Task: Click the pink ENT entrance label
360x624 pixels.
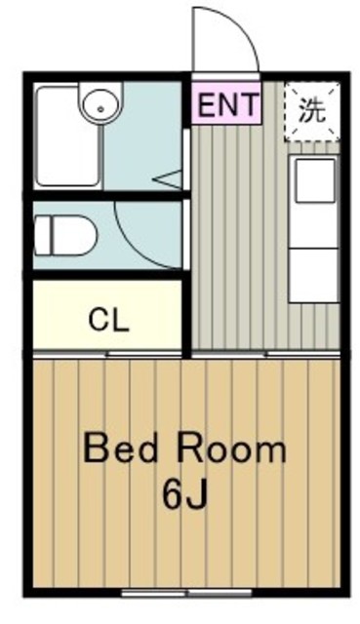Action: pyautogui.click(x=226, y=103)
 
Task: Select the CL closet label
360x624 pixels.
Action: pyautogui.click(x=108, y=320)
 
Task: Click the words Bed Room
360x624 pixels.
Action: pyautogui.click(x=184, y=449)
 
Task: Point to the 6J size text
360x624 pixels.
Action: pyautogui.click(x=184, y=496)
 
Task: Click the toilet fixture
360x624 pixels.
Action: pyautogui.click(x=65, y=236)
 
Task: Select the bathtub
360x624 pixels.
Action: pyautogui.click(x=67, y=136)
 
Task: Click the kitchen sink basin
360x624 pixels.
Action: pyautogui.click(x=315, y=179)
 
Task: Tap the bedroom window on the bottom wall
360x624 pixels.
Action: pyautogui.click(x=186, y=593)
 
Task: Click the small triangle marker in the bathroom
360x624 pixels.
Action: pyautogui.click(x=169, y=179)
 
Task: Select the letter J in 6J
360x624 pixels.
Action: pyautogui.click(x=197, y=496)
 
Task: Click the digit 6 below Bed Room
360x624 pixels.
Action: pyautogui.click(x=172, y=496)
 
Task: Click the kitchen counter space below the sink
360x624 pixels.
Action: pyautogui.click(x=314, y=275)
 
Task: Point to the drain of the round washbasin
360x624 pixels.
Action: pyautogui.click(x=100, y=108)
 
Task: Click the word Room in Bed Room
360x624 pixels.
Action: pyautogui.click(x=231, y=449)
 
